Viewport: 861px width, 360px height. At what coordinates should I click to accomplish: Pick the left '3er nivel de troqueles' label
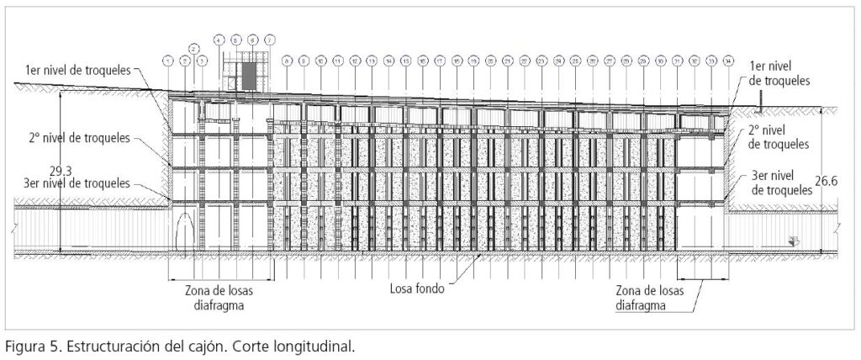click(72, 183)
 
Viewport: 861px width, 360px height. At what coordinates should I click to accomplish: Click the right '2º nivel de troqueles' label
click(778, 138)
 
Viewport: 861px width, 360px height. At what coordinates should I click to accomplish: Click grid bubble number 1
click(168, 61)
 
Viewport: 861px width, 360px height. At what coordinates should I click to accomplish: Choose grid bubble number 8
click(287, 61)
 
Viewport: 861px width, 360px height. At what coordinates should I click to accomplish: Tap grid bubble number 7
click(269, 40)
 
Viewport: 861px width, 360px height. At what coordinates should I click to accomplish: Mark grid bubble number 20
click(491, 61)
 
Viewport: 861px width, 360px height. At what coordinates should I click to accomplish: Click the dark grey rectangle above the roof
click(249, 76)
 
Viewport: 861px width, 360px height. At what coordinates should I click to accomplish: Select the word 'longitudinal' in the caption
click(317, 346)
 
